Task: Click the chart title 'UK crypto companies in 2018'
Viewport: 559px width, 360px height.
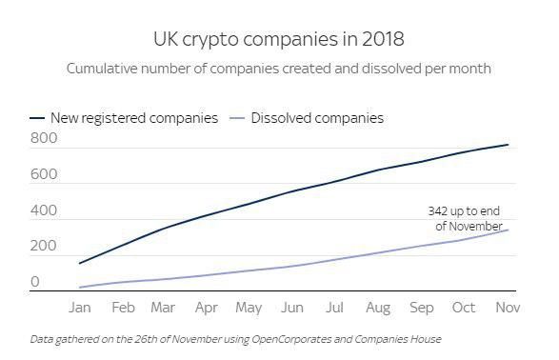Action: [279, 39]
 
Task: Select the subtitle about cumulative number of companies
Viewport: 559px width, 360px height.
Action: [279, 69]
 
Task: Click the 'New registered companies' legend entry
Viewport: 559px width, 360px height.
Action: [134, 118]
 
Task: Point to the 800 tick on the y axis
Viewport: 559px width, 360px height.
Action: [44, 139]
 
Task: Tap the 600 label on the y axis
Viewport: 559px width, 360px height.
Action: [44, 175]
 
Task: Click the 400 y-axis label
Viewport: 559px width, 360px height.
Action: [44, 211]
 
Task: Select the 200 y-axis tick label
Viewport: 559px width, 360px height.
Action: [44, 247]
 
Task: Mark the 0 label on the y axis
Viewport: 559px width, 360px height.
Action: [35, 282]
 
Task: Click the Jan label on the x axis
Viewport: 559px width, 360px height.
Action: [80, 309]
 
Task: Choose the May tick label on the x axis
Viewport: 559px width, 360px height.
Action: [248, 309]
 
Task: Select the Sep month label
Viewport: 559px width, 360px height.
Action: [422, 309]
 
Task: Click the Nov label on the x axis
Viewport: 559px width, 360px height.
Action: [509, 309]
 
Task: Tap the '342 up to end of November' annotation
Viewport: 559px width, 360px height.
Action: [463, 218]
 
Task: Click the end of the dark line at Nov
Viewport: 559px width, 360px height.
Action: [509, 145]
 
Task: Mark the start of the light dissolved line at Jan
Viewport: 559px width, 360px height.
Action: [80, 287]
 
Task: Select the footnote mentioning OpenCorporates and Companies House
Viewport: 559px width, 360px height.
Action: [234, 339]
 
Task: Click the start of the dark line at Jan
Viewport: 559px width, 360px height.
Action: [80, 263]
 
